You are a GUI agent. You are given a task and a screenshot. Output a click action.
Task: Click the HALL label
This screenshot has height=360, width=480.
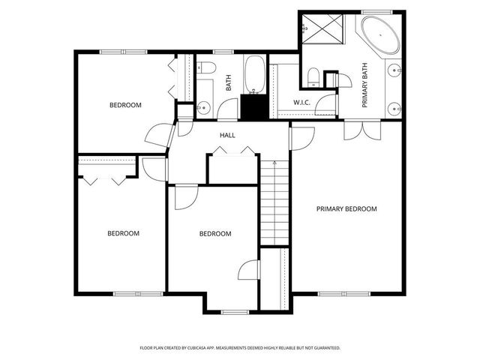click(227, 135)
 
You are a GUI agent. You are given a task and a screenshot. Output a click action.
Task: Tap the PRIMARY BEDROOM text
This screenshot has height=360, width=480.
click(346, 209)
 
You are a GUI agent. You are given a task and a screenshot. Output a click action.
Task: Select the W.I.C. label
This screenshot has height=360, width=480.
click(302, 102)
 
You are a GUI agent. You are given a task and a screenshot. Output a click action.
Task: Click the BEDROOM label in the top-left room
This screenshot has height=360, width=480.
click(125, 105)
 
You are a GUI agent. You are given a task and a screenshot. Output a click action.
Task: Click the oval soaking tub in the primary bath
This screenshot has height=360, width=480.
click(382, 34)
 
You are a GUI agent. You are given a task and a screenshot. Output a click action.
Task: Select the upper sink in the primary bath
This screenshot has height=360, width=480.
click(394, 71)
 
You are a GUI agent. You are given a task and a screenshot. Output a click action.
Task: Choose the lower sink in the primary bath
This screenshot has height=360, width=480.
click(394, 109)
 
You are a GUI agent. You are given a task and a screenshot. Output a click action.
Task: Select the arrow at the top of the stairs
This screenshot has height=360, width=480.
click(275, 161)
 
